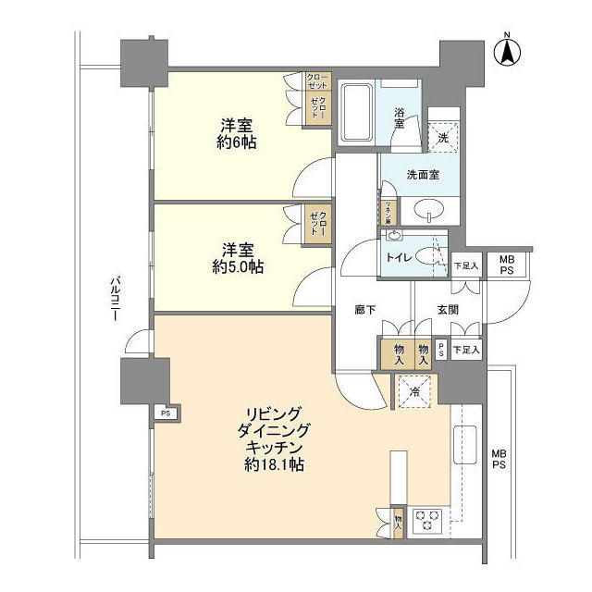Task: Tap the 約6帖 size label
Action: click(x=238, y=143)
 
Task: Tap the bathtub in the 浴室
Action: click(x=357, y=114)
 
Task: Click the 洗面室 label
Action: click(x=422, y=174)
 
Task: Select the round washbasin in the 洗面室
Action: click(x=430, y=209)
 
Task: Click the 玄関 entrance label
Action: click(x=448, y=311)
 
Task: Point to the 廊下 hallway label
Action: click(x=364, y=311)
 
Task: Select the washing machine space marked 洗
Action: click(x=443, y=136)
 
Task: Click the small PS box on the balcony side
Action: click(x=165, y=413)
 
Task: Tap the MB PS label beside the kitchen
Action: click(x=499, y=459)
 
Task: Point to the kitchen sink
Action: click(x=464, y=445)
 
